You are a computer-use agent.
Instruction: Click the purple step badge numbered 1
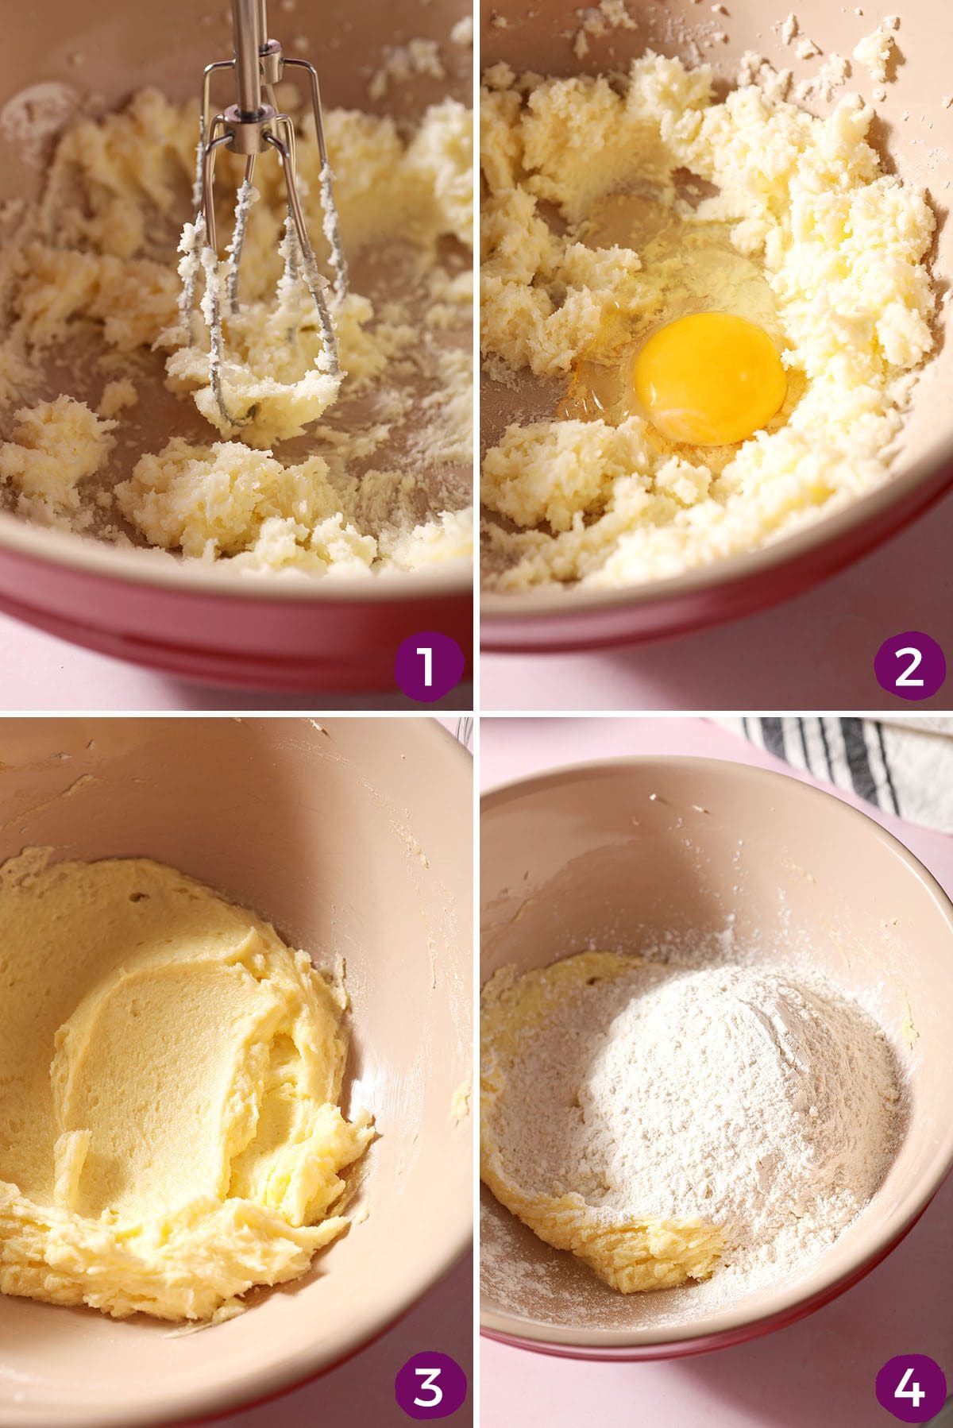(x=427, y=666)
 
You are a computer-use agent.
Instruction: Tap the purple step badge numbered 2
(x=909, y=666)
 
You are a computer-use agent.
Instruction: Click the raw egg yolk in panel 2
(x=709, y=376)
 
